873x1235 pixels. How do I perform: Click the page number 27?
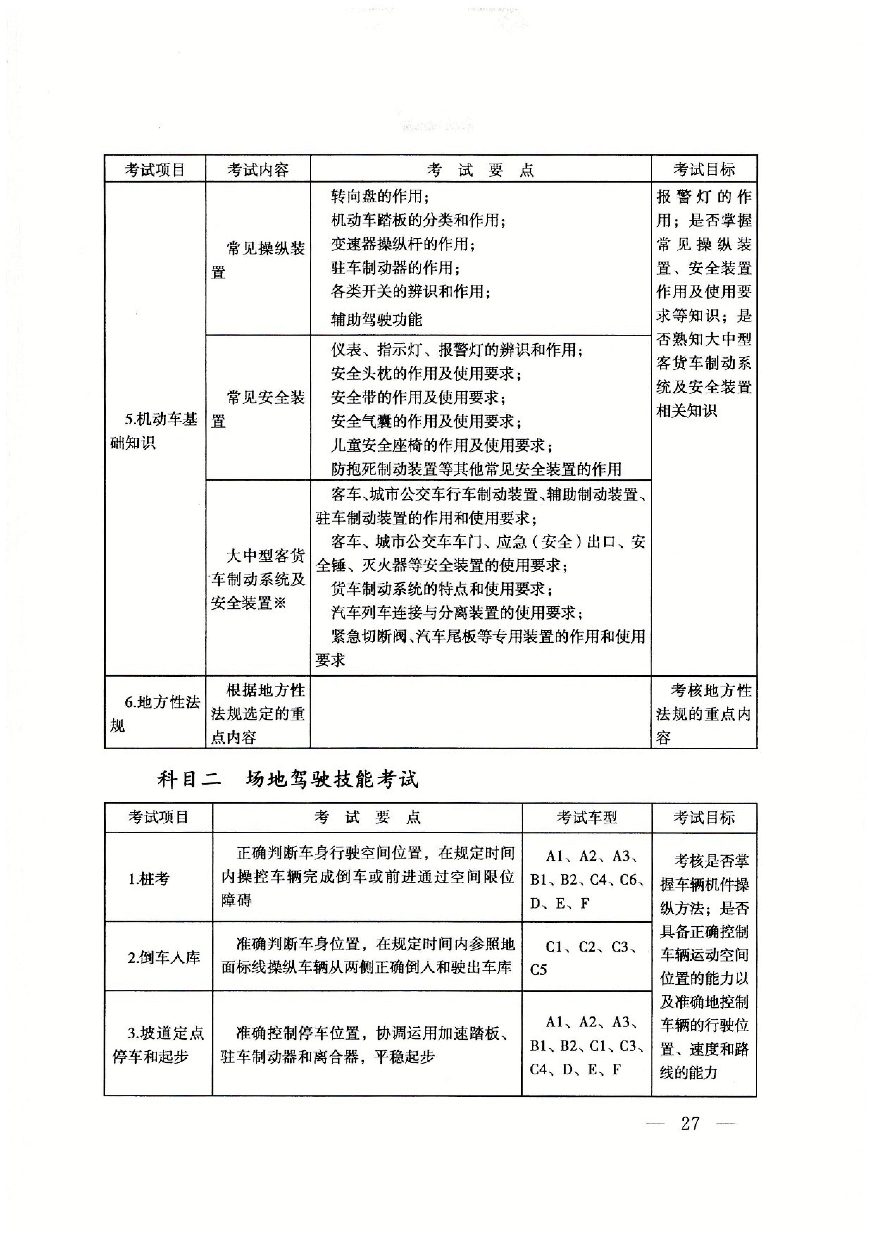tap(690, 1124)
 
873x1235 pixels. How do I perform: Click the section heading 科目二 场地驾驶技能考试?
tap(288, 779)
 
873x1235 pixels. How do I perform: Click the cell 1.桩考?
tap(149, 879)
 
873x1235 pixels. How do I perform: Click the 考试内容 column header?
tap(258, 170)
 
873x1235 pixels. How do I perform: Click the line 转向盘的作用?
tap(380, 197)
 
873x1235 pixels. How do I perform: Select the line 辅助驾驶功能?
tap(376, 320)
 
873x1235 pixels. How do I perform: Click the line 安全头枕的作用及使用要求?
tap(426, 373)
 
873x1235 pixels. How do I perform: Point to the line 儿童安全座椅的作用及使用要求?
tap(441, 445)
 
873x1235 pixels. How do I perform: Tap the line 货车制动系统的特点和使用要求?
tap(441, 589)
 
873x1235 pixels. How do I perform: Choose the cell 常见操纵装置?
tap(258, 260)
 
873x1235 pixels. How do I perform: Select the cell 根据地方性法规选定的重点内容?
tap(258, 713)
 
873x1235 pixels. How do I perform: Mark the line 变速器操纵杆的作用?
tap(403, 244)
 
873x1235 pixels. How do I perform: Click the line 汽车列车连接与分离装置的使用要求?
tap(457, 613)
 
